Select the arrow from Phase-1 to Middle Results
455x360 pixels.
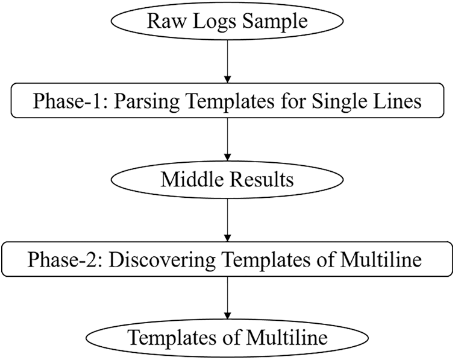[227, 139]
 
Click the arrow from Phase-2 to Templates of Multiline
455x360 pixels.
[227, 298]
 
